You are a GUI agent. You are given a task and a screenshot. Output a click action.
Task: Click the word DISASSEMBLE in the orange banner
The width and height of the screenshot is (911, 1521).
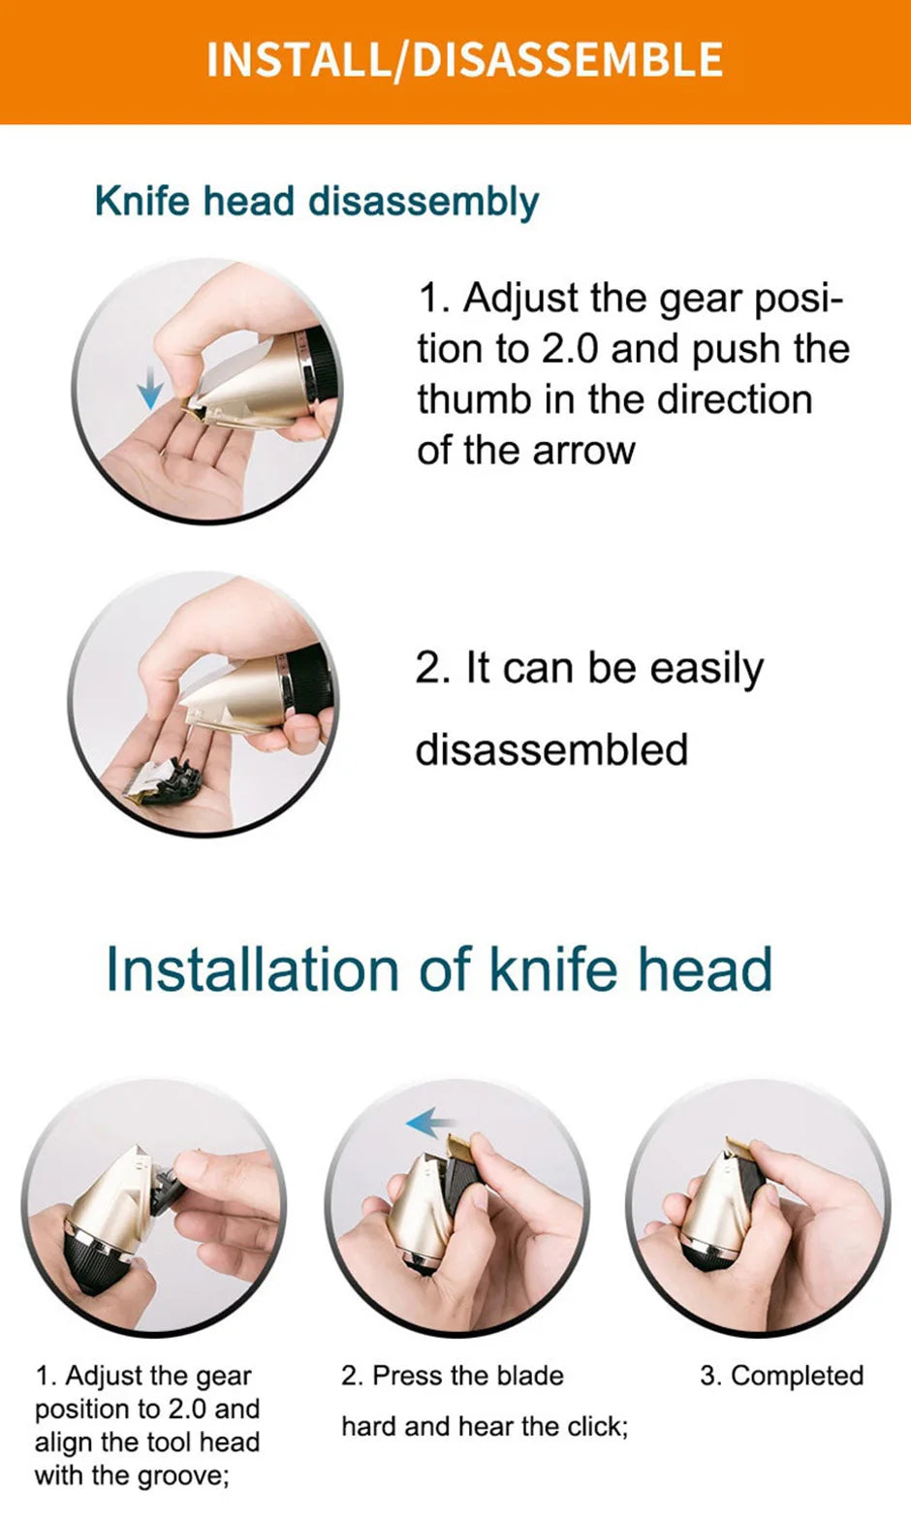coord(568,60)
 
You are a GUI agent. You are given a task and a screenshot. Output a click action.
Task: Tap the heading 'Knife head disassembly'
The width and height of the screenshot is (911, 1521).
coord(316,202)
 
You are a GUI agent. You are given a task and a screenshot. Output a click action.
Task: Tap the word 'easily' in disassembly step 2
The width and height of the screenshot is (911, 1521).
coord(707,669)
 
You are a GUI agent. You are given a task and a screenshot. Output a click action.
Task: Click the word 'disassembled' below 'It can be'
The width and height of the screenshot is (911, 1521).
coord(551,750)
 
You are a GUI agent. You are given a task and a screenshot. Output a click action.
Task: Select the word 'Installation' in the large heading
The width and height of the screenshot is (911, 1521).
coord(252,969)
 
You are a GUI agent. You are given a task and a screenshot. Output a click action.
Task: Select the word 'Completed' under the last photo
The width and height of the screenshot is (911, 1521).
coord(797,1376)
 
